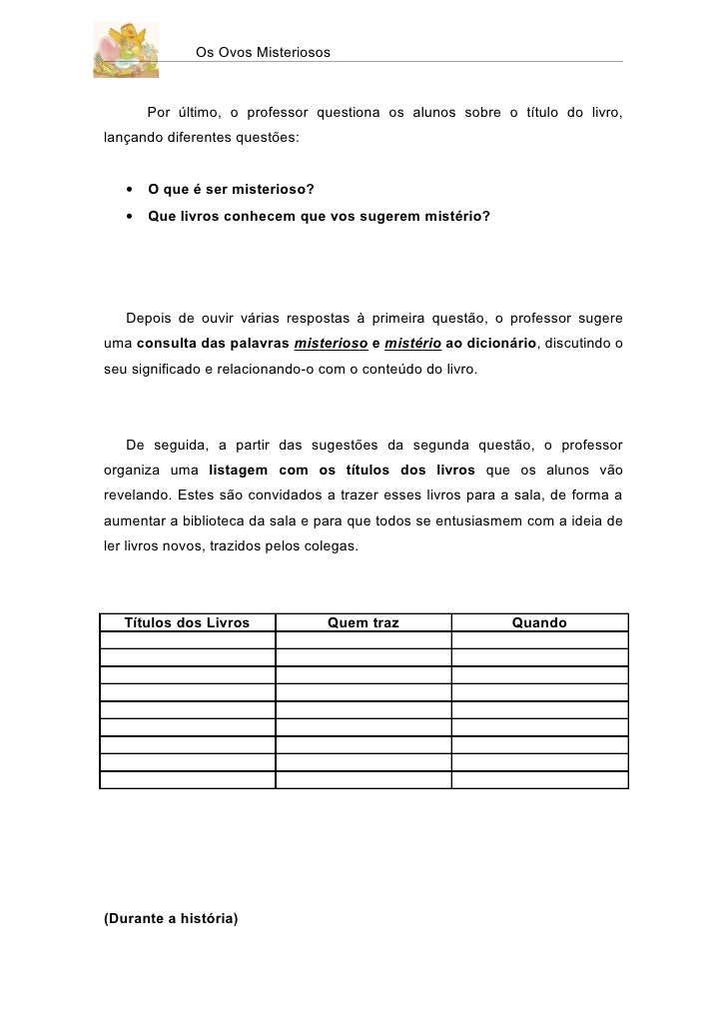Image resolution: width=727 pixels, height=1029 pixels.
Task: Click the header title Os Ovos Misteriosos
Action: (x=263, y=51)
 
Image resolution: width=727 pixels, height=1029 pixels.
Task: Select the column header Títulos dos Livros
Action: (x=187, y=623)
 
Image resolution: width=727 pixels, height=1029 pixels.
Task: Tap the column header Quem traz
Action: (x=363, y=623)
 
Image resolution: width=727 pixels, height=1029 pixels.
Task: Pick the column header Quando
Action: (x=539, y=623)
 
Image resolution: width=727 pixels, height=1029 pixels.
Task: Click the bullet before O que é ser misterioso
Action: (x=130, y=189)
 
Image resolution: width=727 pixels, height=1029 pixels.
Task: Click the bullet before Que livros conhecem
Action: (x=130, y=215)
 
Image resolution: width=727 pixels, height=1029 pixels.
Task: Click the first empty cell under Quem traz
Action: (x=363, y=640)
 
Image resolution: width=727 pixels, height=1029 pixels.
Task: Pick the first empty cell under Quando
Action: (x=539, y=640)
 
